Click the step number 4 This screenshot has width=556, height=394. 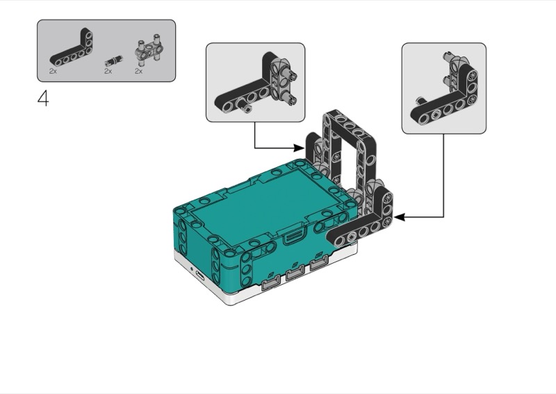(43, 98)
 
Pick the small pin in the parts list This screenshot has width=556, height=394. (113, 61)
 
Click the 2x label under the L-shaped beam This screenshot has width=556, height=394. (53, 71)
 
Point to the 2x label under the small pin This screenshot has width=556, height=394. (108, 71)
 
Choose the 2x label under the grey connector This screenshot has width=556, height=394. (138, 71)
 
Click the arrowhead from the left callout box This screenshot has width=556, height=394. (300, 148)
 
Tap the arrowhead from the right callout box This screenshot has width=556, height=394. (399, 216)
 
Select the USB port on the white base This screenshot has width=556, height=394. (199, 276)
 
